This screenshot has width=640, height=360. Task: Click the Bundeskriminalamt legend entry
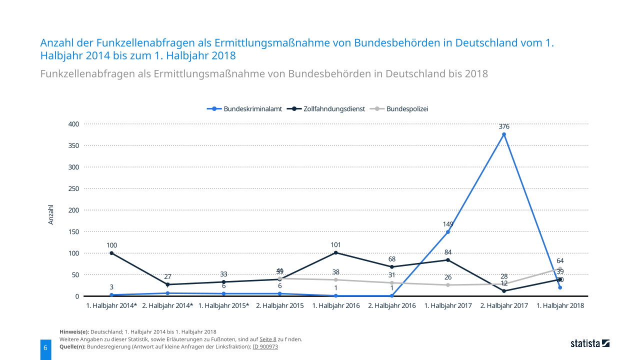[245, 108]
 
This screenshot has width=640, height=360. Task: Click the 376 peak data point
[504, 134]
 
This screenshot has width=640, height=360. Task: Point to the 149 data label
[448, 224]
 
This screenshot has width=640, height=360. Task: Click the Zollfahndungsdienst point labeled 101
[336, 252]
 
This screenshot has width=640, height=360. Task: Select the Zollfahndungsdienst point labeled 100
[111, 253]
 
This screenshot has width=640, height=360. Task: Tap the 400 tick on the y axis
[74, 124]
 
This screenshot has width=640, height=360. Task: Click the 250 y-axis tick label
[74, 188]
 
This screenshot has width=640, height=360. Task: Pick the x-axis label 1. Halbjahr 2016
[336, 305]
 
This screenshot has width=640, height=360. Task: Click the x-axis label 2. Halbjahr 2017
[504, 305]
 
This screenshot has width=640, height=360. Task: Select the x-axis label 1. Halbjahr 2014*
[111, 305]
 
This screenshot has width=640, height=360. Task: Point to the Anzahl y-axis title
[51, 214]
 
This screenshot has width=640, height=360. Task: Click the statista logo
[590, 343]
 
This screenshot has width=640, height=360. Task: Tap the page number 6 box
[45, 347]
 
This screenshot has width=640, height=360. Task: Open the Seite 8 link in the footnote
[268, 339]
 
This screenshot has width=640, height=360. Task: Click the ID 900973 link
[265, 346]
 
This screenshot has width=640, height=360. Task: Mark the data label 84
[448, 252]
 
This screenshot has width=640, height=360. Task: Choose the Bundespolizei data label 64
[560, 261]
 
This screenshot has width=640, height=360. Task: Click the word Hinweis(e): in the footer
[74, 332]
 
